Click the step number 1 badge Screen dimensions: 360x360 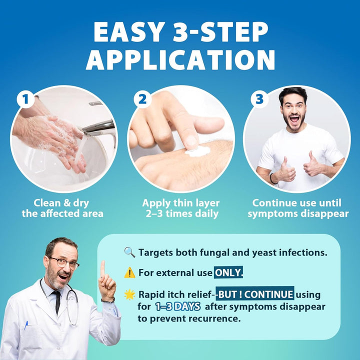pyautogui.click(x=25, y=99)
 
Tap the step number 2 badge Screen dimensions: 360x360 pyautogui.click(x=142, y=99)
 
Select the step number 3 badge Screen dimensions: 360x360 pyautogui.click(x=258, y=99)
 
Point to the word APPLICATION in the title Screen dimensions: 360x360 pyautogui.click(x=180, y=60)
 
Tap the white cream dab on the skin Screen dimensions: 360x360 pyautogui.click(x=197, y=150)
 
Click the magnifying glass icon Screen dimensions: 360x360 pyautogui.click(x=129, y=252)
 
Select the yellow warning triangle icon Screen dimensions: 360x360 pyautogui.click(x=129, y=272)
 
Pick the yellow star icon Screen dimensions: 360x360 pyautogui.click(x=129, y=294)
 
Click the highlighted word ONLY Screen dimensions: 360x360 pyautogui.click(x=228, y=273)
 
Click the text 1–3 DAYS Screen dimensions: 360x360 pyautogui.click(x=177, y=306)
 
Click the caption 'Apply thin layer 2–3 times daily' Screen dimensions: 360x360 pyautogui.click(x=180, y=208)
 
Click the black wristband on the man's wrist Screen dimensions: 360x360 pyautogui.click(x=273, y=178)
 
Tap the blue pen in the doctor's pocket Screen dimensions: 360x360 pyautogui.click(x=26, y=325)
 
